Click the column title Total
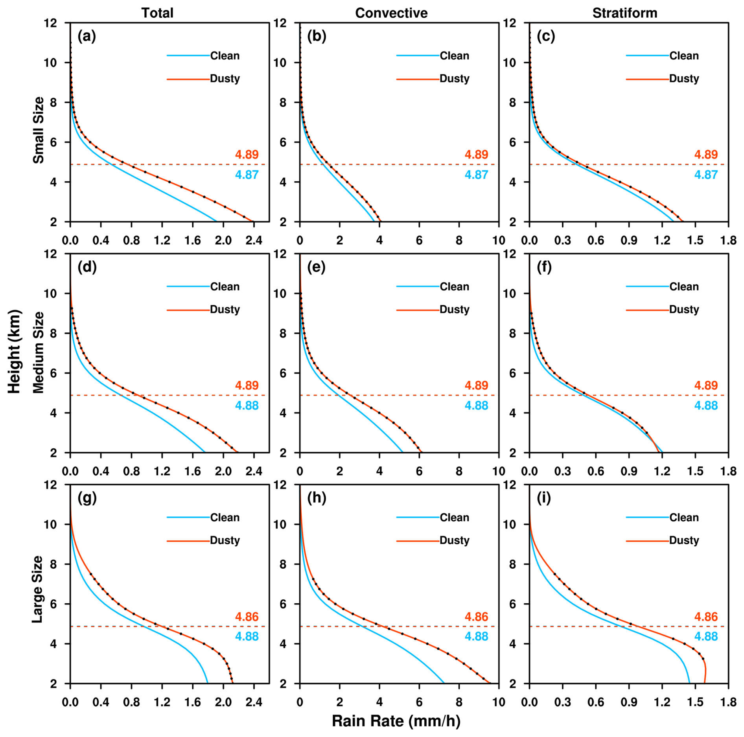[x=157, y=13]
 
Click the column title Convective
[x=391, y=13]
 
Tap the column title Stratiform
[x=624, y=13]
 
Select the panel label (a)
[x=87, y=36]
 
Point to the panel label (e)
[x=316, y=267]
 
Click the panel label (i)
[x=544, y=498]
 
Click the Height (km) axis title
[x=14, y=352]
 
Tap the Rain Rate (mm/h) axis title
[x=396, y=721]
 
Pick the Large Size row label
[x=37, y=589]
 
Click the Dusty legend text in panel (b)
[x=454, y=79]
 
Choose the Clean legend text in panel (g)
[x=225, y=518]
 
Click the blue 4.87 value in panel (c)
[x=706, y=175]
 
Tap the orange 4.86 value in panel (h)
[x=476, y=617]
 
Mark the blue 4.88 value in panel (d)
[x=247, y=405]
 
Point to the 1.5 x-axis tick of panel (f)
[x=695, y=471]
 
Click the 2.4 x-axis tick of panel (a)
[x=254, y=240]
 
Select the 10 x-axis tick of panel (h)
[x=499, y=702]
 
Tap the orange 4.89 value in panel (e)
[x=476, y=385]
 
